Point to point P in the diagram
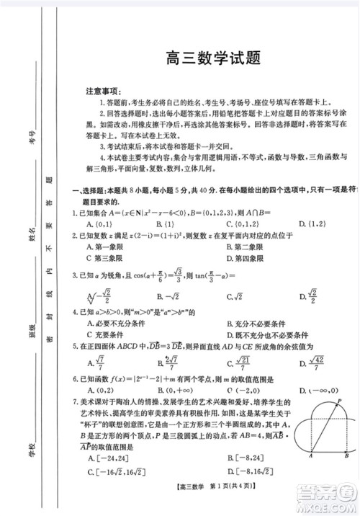[x=338, y=404]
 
